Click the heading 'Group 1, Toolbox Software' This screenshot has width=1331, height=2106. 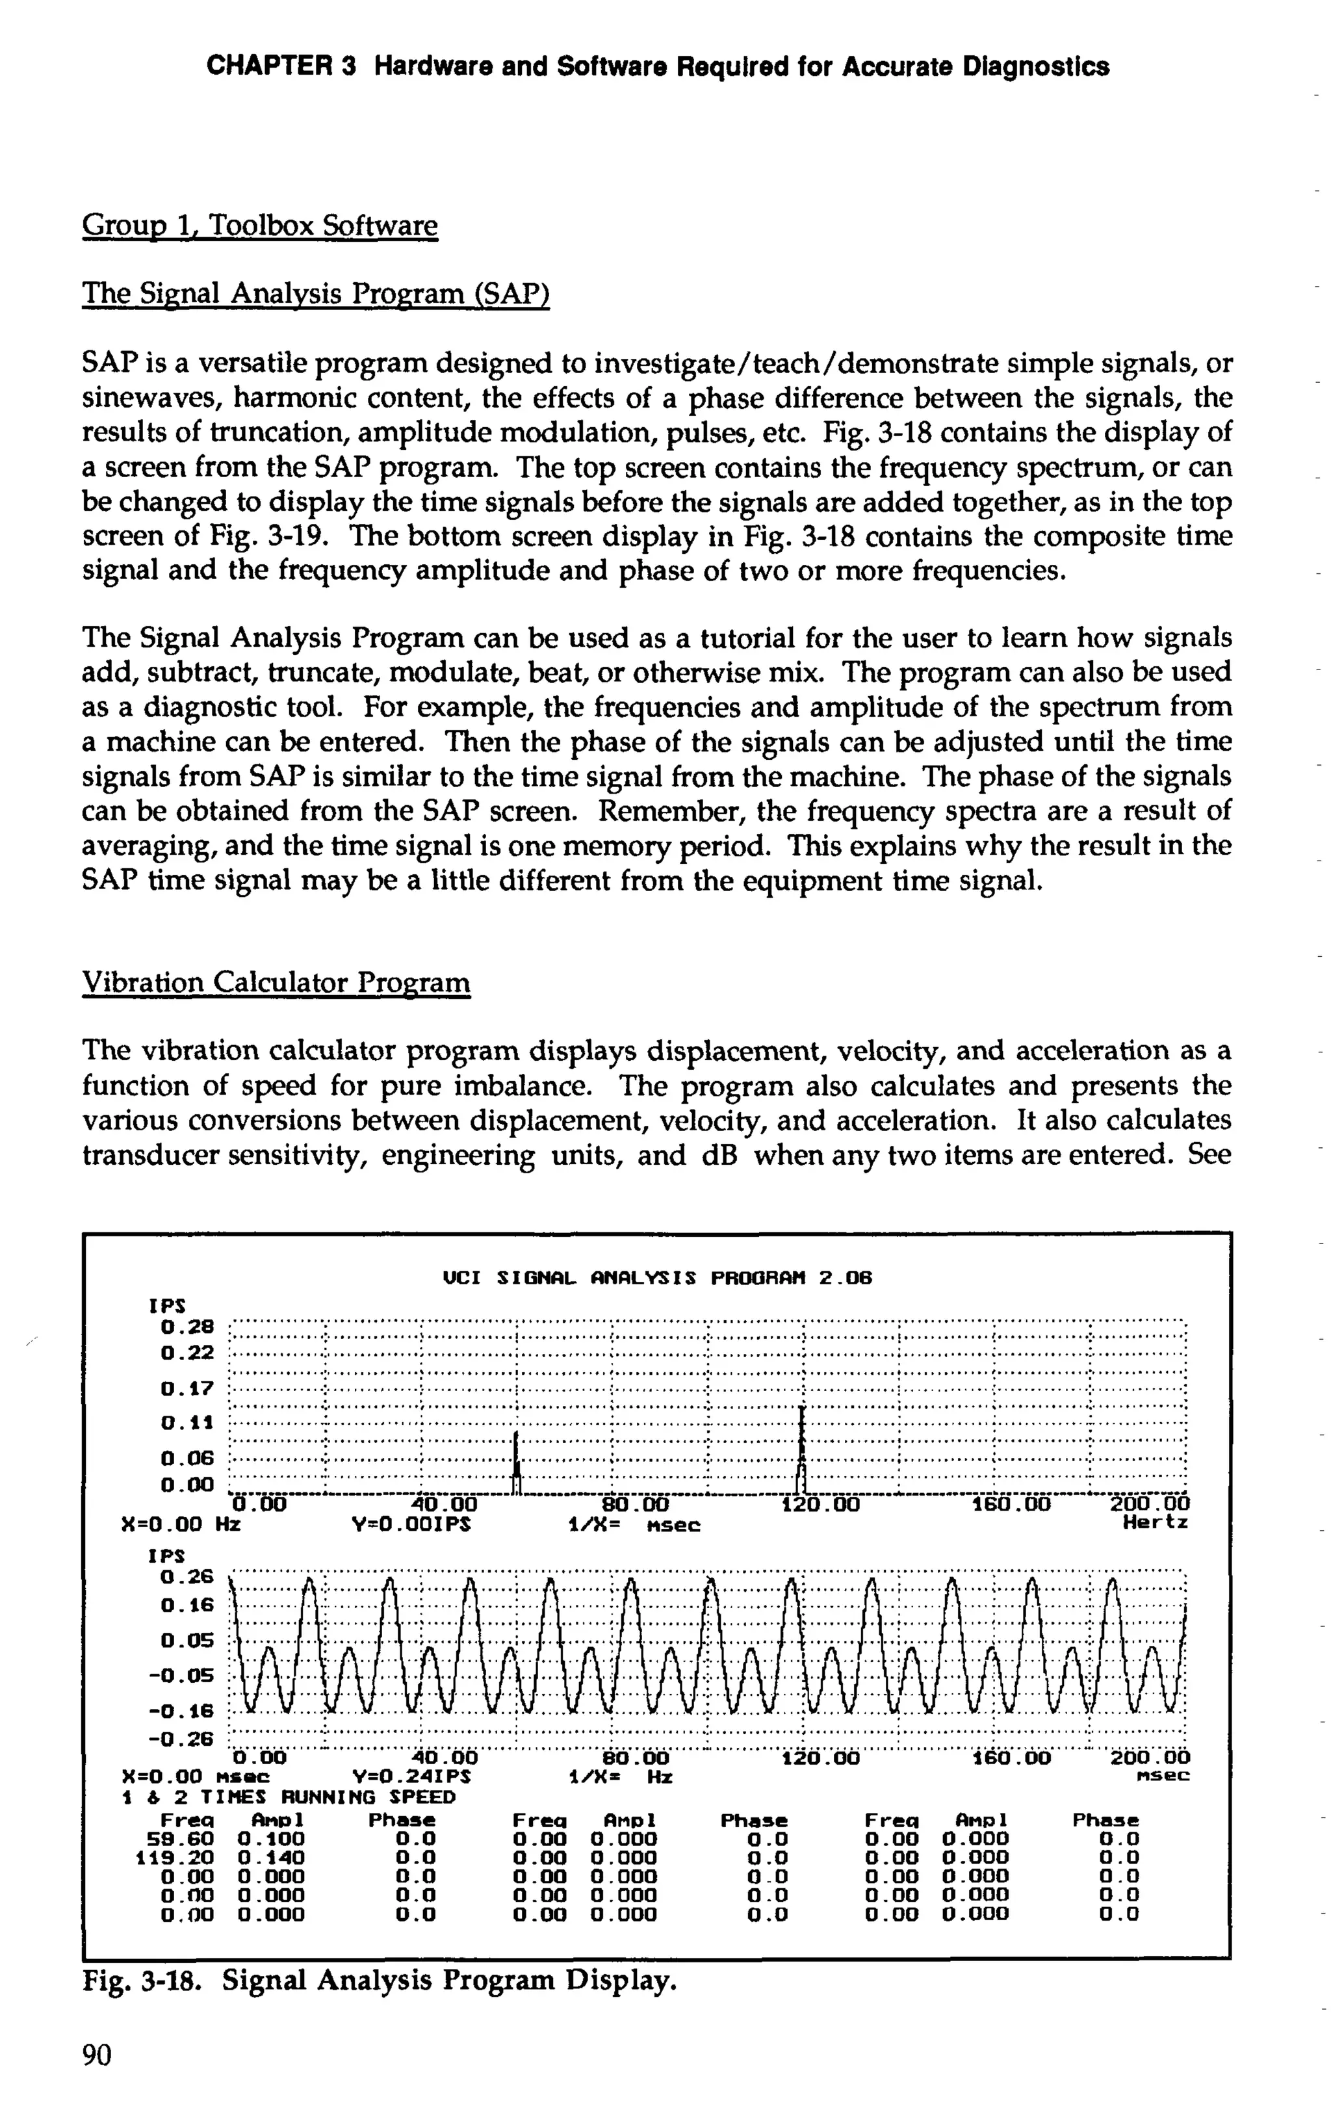click(x=259, y=226)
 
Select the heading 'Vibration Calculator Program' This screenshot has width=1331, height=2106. click(x=276, y=982)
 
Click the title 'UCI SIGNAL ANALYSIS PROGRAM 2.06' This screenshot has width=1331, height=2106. click(x=658, y=1279)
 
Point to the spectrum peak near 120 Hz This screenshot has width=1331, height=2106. click(x=802, y=1443)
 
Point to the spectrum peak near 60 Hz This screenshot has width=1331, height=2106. click(x=517, y=1459)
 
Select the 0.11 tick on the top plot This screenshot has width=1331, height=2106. click(x=187, y=1423)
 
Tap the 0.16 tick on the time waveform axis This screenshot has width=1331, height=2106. click(x=187, y=1605)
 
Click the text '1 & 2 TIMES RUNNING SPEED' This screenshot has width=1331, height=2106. click(x=289, y=1797)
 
